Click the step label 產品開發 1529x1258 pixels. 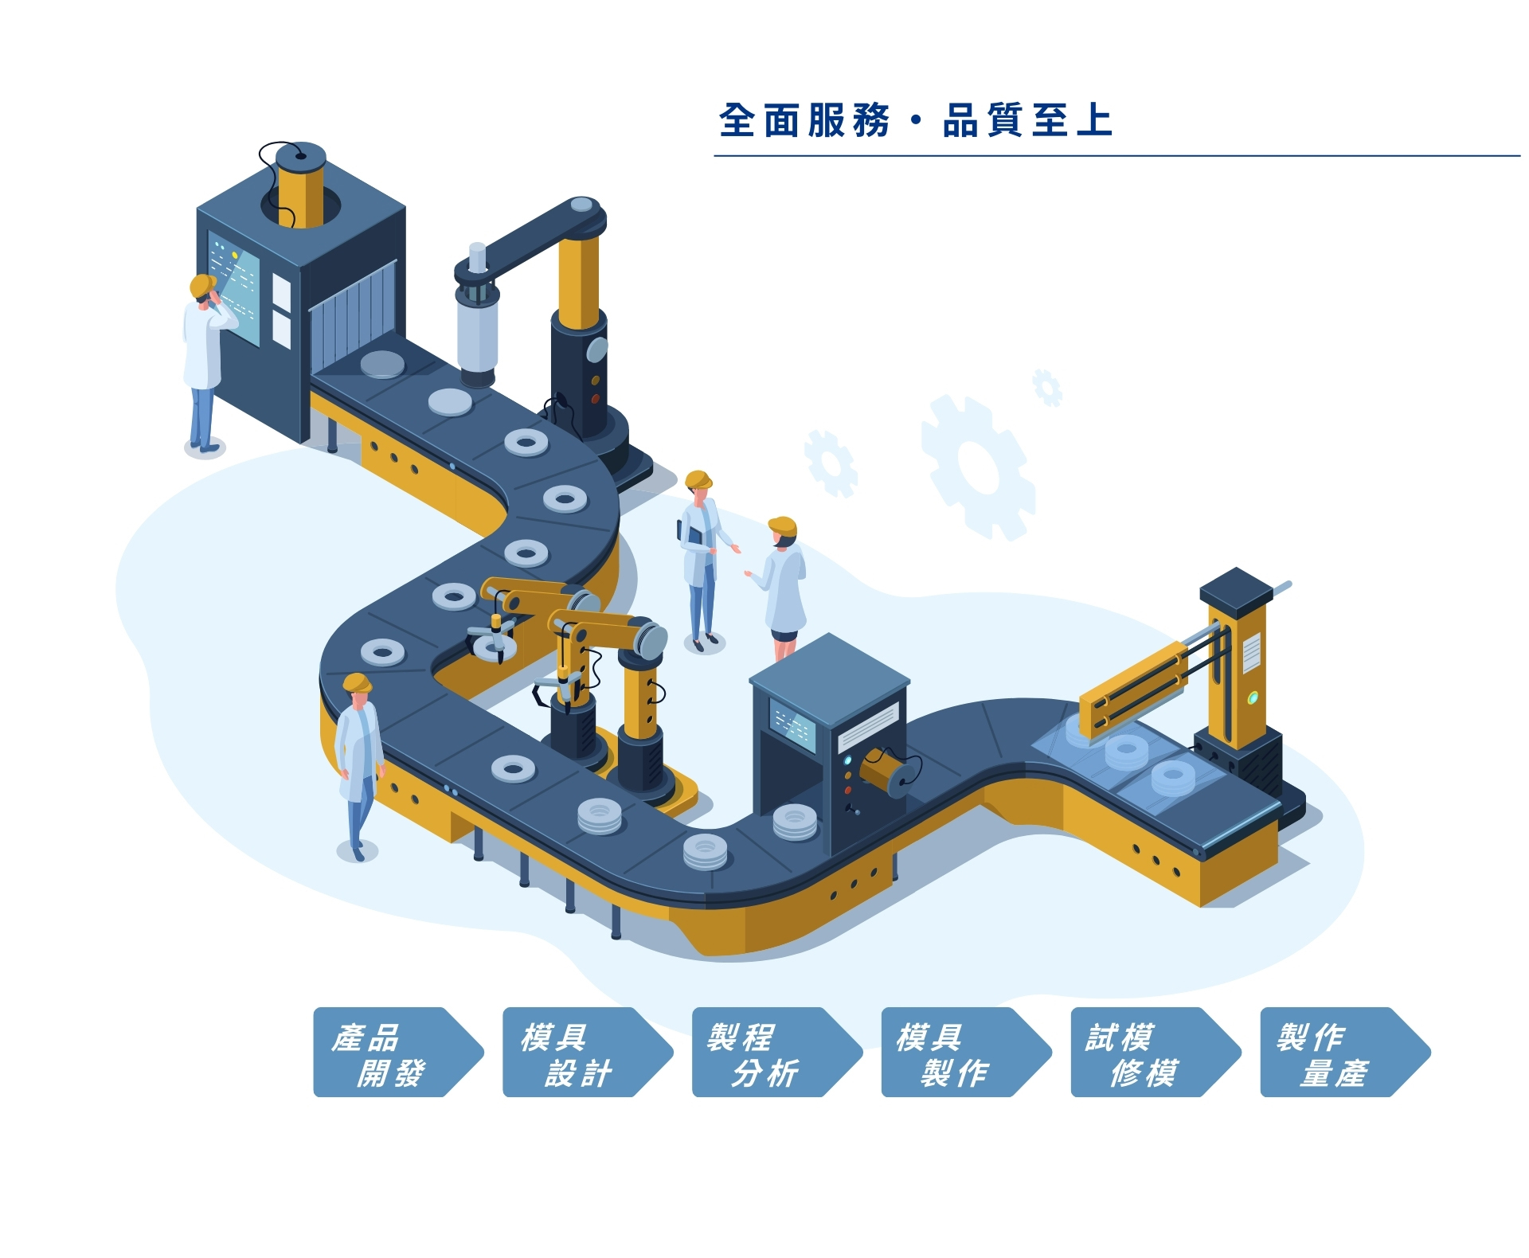390,1053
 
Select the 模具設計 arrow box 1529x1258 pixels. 579,1053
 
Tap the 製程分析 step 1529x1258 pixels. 768,1053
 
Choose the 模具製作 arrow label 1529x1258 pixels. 958,1053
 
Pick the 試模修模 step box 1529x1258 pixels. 1148,1053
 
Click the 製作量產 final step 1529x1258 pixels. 1337,1053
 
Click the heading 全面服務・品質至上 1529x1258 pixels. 915,121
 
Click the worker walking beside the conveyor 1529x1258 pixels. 358,764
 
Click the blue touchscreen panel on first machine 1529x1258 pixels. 234,287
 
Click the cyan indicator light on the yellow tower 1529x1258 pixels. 1252,698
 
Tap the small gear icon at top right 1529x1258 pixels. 1046,388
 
